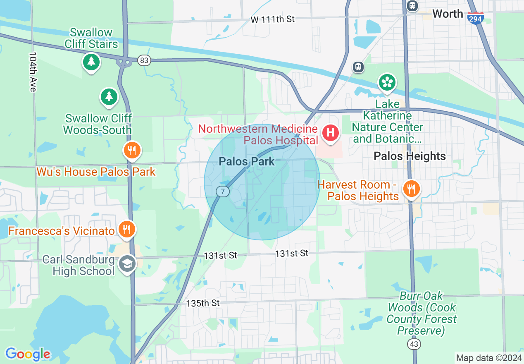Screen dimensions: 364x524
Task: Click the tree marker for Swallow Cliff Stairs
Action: tap(91, 62)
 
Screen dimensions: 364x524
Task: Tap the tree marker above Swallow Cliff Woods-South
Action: tap(109, 96)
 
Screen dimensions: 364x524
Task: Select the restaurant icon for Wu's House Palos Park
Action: tap(132, 151)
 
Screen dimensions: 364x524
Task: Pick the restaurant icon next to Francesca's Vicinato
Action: tap(127, 229)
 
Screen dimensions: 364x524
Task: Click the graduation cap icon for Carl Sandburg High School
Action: tap(127, 264)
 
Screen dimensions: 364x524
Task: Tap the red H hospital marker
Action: tap(331, 133)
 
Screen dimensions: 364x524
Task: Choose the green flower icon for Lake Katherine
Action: tap(387, 82)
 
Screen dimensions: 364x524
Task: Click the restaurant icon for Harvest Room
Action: tap(411, 189)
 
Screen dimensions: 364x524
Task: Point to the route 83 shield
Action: tap(144, 61)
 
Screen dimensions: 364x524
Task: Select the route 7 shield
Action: tap(222, 191)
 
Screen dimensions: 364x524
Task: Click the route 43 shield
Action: tap(414, 344)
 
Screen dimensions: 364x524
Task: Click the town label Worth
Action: tap(448, 14)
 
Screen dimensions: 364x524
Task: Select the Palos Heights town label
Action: tap(410, 156)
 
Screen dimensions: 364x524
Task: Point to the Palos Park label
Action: tap(247, 161)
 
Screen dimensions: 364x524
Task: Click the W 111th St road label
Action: tap(272, 19)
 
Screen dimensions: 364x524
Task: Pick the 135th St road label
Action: tap(203, 303)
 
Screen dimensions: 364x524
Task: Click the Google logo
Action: tap(28, 354)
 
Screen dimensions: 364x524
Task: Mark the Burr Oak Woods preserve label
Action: tap(422, 313)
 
